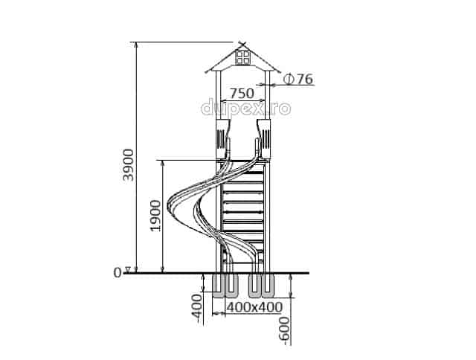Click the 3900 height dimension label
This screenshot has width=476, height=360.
click(x=128, y=165)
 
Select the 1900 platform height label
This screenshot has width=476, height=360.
click(x=156, y=216)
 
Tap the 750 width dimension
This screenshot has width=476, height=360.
click(x=242, y=93)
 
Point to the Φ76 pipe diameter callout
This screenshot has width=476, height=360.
click(x=297, y=80)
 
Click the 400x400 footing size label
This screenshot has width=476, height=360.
click(x=254, y=307)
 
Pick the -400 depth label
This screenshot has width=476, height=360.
click(x=197, y=309)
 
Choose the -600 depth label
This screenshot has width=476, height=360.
click(x=284, y=331)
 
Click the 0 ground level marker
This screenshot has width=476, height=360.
click(x=118, y=273)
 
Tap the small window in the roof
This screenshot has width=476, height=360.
click(x=243, y=57)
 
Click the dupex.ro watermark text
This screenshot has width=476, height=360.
click(x=246, y=108)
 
